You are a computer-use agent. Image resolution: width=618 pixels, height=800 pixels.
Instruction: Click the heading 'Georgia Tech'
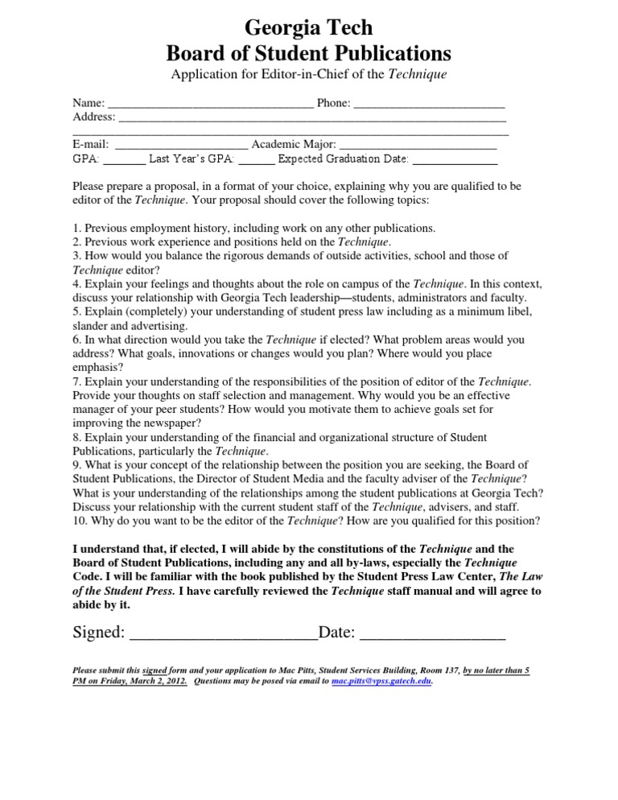[x=308, y=28]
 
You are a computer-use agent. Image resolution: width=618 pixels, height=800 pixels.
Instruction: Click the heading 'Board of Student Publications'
[x=308, y=53]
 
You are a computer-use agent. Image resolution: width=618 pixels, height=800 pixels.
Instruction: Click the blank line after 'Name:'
[x=210, y=105]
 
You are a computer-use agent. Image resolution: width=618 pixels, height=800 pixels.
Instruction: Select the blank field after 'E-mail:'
[x=182, y=146]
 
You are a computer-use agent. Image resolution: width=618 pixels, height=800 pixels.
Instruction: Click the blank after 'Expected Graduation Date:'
[x=455, y=159]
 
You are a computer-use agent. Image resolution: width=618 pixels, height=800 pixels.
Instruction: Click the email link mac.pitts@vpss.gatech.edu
[x=381, y=681]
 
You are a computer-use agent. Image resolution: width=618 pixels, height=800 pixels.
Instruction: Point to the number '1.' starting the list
[x=77, y=228]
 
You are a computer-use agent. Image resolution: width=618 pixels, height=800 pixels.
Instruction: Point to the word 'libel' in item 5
[x=519, y=311]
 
